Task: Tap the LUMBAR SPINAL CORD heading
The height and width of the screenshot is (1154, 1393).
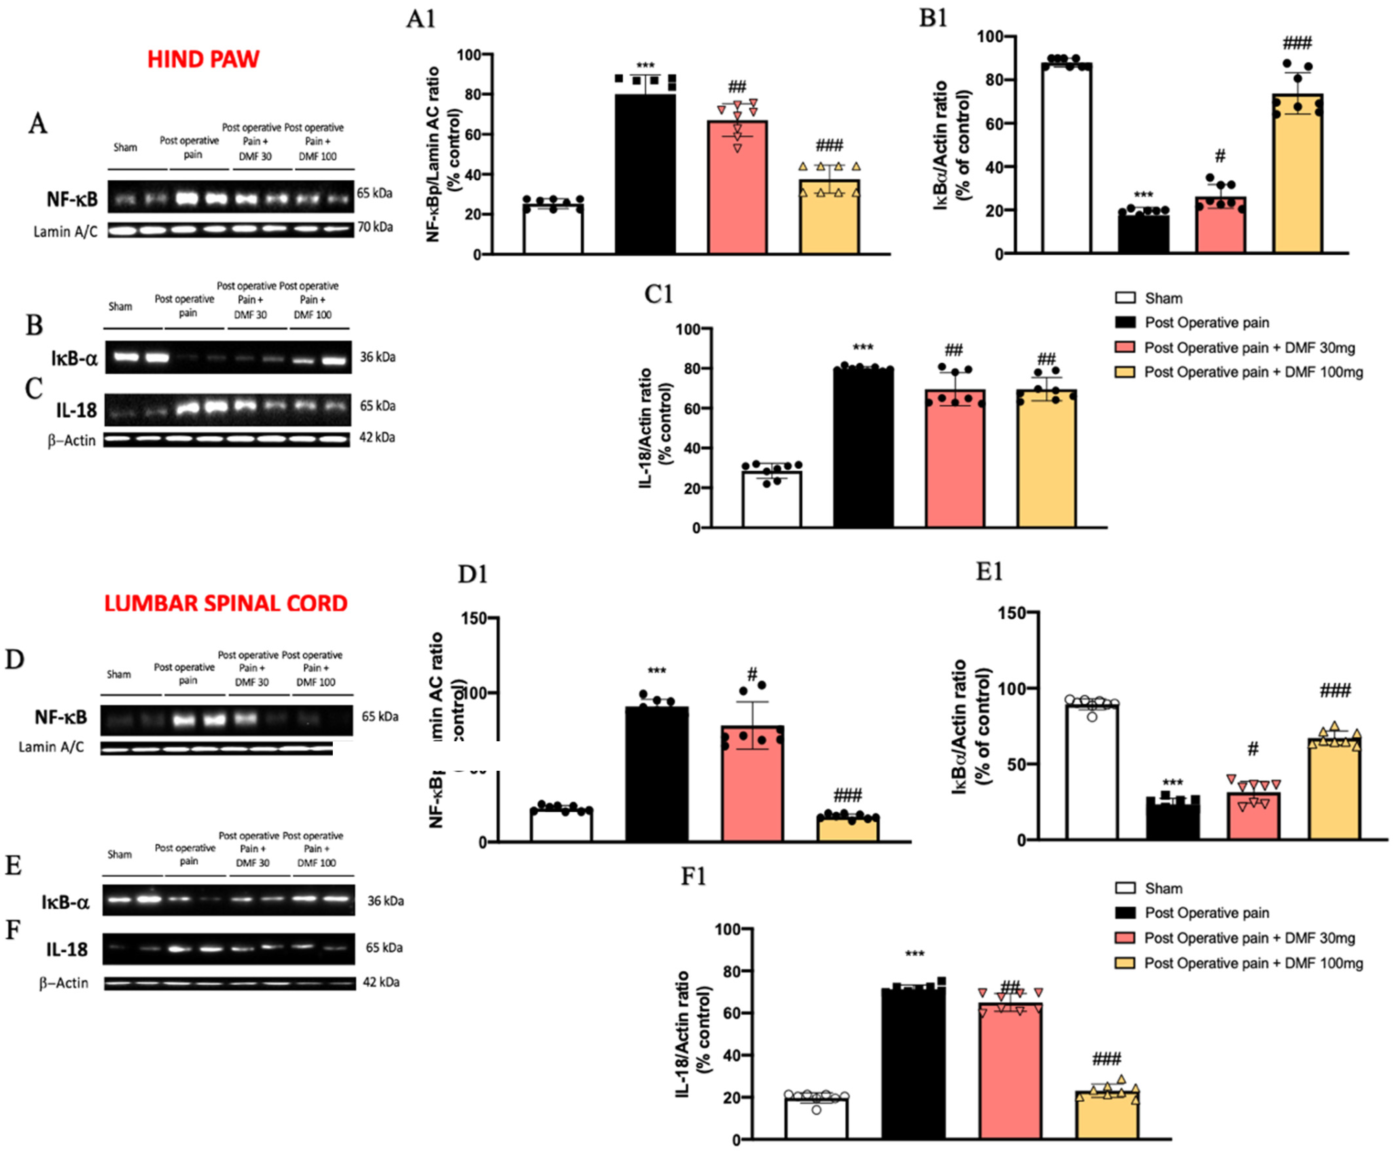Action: (x=225, y=603)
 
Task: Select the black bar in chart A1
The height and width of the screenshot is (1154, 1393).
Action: (x=645, y=172)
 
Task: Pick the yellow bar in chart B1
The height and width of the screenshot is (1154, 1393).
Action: (x=1297, y=172)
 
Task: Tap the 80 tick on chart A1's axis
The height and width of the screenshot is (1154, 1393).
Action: (x=472, y=94)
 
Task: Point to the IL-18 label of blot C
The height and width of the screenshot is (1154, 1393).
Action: (x=76, y=410)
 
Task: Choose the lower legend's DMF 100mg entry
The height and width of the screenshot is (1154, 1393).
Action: (x=1252, y=963)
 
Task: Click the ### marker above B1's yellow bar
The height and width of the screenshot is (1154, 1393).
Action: (x=1297, y=44)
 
